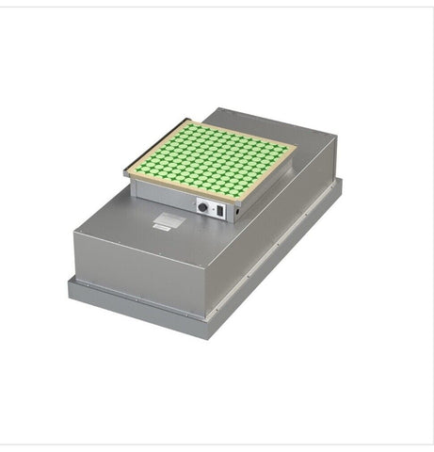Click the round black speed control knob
[201, 205]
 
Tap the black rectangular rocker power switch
[221, 211]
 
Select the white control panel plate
[211, 208]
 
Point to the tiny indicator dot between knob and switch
[212, 209]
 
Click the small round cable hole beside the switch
[236, 212]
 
